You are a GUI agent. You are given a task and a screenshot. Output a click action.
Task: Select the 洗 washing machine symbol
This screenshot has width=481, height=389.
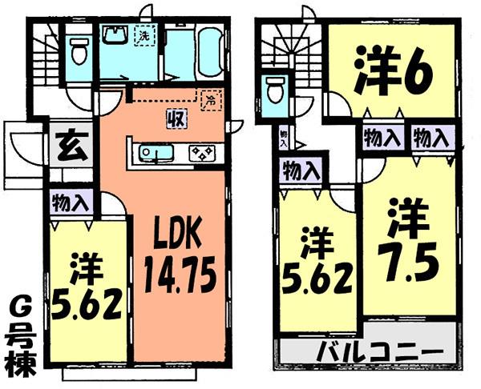[144, 37]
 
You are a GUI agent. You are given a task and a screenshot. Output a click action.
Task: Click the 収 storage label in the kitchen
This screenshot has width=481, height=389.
[172, 120]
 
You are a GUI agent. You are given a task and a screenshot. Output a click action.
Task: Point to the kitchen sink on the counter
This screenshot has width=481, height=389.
[152, 152]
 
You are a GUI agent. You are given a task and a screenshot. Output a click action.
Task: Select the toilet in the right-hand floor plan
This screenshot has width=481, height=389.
[275, 90]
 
